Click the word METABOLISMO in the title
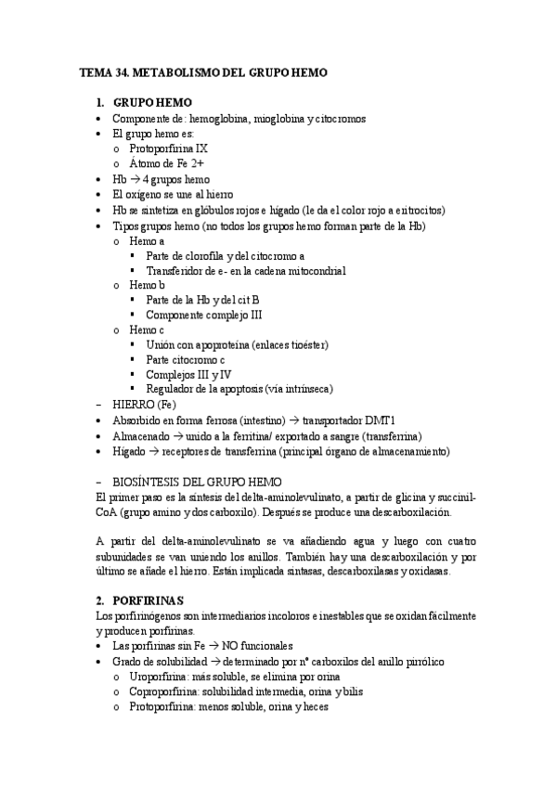(173, 71)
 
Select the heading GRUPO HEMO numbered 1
(152, 102)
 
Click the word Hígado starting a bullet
(129, 451)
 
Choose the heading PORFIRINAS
(153, 600)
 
